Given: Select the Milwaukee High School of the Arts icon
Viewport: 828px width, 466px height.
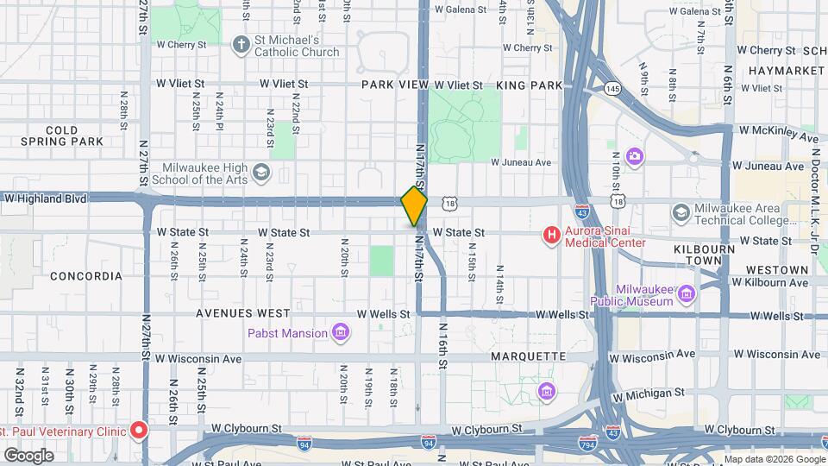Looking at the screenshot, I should pos(260,174).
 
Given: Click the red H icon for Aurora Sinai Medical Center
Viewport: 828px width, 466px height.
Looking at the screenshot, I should pos(550,234).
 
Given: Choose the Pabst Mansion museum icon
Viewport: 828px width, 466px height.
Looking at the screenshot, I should pos(341,333).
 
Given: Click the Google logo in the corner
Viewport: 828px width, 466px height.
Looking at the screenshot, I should pos(28,456).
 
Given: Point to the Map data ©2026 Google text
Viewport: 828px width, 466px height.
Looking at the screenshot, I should pos(775,459).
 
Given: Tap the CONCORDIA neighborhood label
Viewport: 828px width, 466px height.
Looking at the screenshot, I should pos(86,276).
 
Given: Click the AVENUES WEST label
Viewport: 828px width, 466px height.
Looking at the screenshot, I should pos(243,312).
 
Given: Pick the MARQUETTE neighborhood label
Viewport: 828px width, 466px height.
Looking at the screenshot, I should pos(528,356).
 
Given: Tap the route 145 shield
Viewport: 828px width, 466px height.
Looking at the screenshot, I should pos(612,88).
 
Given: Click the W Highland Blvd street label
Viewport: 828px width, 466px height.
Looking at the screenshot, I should pos(45,198).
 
